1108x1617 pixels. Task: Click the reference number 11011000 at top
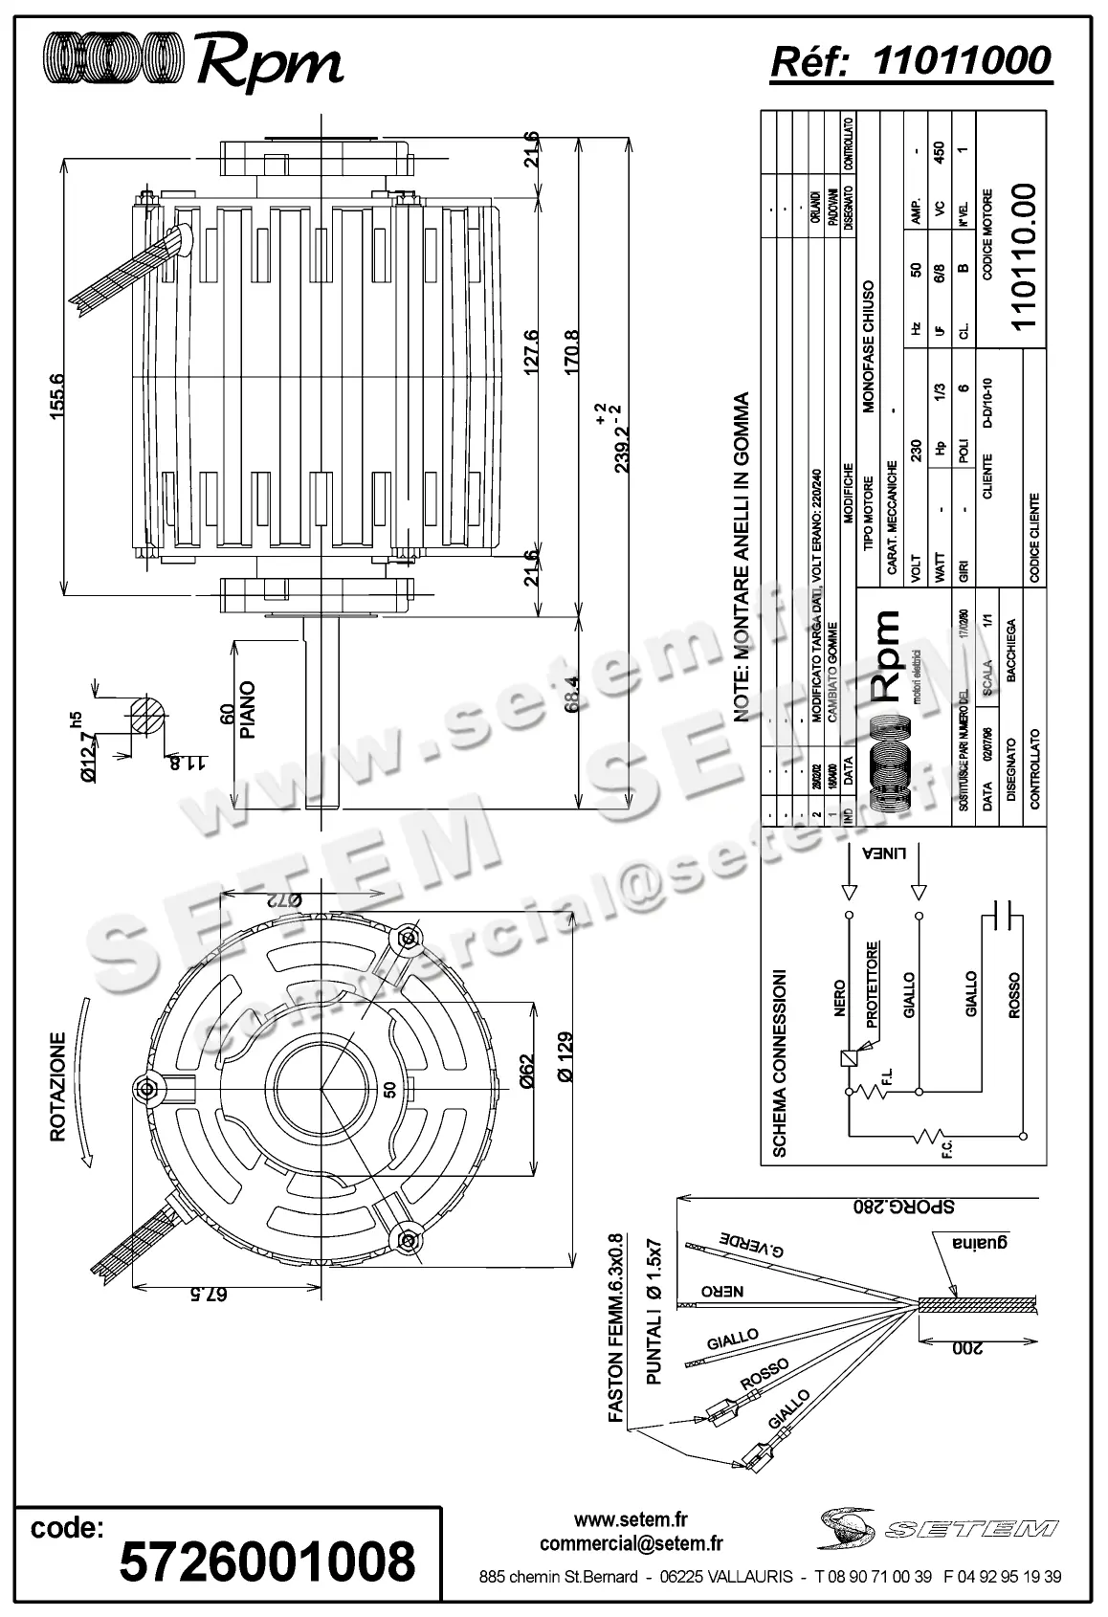(962, 60)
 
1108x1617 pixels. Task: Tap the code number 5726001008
(267, 1562)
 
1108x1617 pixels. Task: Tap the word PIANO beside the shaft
(248, 710)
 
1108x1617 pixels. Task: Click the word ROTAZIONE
(57, 1086)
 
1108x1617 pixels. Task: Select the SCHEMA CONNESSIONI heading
(780, 1064)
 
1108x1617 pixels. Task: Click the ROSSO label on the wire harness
(765, 1375)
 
